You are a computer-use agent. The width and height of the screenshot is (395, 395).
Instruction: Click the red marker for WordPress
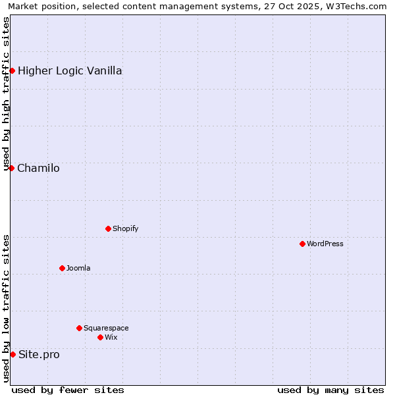coord(302,244)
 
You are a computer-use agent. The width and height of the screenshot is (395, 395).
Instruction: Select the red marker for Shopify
coord(108,228)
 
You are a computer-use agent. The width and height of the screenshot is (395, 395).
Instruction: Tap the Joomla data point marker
coord(62,268)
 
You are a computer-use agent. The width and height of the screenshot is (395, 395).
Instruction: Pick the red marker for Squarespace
coord(79,328)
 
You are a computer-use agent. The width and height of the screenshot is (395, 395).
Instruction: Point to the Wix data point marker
coord(100,337)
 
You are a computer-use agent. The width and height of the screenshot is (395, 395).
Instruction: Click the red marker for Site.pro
coord(13,354)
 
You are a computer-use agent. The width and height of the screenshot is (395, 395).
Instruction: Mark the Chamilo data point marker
coord(11,168)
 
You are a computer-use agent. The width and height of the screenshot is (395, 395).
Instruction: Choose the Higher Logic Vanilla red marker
coord(12,70)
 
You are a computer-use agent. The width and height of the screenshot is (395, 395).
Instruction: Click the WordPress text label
coord(325,244)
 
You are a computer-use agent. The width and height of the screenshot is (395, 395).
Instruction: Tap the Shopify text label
coord(125,228)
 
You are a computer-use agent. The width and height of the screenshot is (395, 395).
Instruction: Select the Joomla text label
coord(78,268)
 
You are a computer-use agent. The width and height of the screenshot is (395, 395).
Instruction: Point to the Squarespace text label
coord(106,328)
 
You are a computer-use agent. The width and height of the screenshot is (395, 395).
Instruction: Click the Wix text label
coord(111,337)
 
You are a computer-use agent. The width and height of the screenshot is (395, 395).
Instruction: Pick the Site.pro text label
coord(39,354)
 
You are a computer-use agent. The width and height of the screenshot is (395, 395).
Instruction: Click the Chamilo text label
coord(38,168)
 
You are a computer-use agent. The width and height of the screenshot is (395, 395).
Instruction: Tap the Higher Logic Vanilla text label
coord(70,70)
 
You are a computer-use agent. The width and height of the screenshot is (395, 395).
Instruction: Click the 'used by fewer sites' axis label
coord(68,390)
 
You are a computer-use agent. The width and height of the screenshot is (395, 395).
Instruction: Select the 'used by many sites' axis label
coord(330,390)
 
